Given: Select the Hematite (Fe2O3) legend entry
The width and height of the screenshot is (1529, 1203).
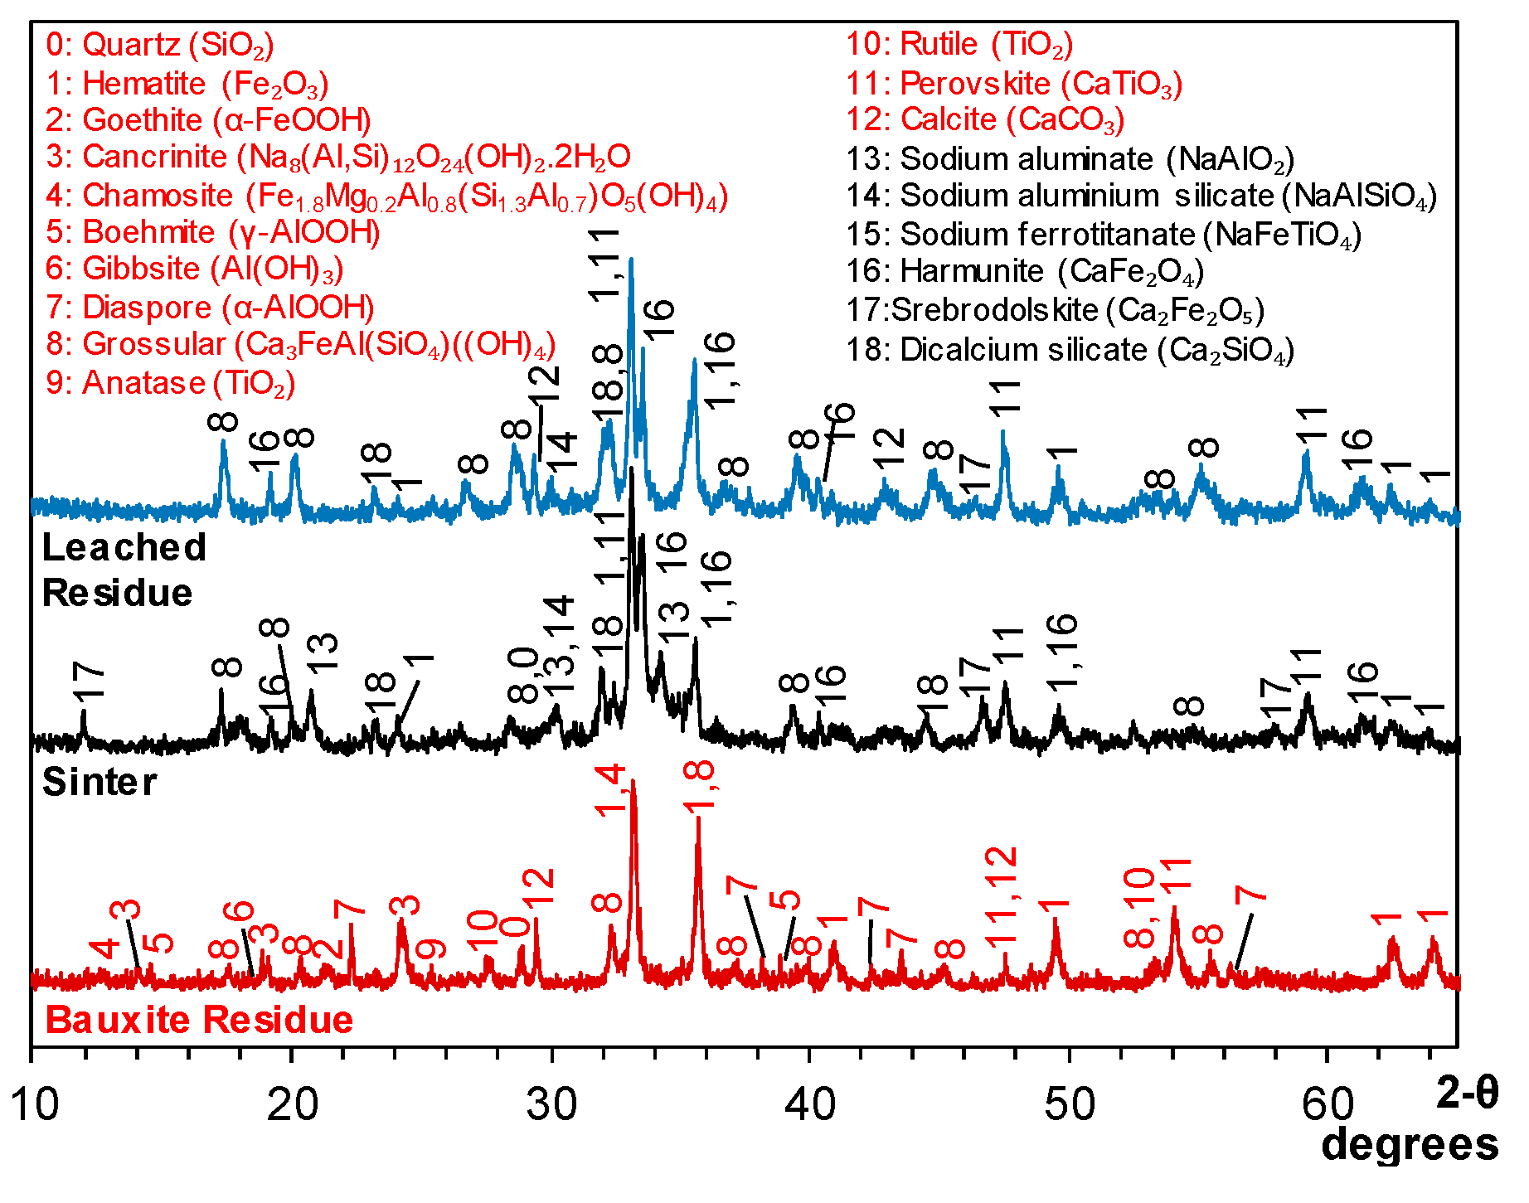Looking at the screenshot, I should (x=187, y=84).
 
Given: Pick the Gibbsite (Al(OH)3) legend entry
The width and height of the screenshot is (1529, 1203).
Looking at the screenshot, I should (x=194, y=269).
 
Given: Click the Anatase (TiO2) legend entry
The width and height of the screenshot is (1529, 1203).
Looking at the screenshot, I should (x=170, y=383).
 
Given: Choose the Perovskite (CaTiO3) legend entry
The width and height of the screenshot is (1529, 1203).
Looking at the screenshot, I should (x=1013, y=84).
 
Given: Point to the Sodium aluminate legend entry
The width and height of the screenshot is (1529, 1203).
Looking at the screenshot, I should (x=1070, y=158).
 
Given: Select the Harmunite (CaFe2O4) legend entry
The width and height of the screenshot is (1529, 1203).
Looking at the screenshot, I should (x=1024, y=271).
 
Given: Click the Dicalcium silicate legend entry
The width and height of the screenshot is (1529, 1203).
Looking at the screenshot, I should (x=1070, y=350).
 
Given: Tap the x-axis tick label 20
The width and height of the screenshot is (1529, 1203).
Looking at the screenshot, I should (x=292, y=1105).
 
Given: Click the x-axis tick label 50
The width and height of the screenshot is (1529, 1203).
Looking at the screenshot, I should (x=1070, y=1105).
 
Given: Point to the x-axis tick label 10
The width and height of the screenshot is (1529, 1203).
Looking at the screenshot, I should (x=33, y=1105).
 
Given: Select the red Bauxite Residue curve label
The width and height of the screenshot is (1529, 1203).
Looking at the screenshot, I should (x=199, y=1020).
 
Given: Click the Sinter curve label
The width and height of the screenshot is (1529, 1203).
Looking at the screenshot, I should (x=100, y=782).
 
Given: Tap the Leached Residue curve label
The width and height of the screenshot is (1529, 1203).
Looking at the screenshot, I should (x=123, y=570).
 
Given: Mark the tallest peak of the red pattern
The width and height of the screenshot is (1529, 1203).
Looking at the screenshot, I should (x=633, y=782).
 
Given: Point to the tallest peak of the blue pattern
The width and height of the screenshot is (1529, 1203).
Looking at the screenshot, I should (x=632, y=260).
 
